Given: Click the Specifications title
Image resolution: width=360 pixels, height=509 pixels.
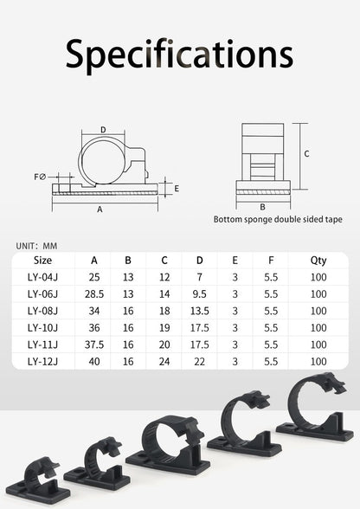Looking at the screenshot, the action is pyautogui.click(x=179, y=55).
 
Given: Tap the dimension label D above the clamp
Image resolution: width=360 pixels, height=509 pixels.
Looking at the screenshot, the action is pyautogui.click(x=103, y=130).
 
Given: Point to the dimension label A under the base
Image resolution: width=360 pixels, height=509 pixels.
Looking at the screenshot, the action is pyautogui.click(x=100, y=209).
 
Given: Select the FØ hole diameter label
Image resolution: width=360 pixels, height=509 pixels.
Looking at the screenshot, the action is pyautogui.click(x=41, y=177).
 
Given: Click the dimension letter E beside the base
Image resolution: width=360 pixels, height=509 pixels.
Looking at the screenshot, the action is pyautogui.click(x=177, y=189).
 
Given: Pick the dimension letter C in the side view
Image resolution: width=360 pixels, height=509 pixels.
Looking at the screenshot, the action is pyautogui.click(x=306, y=153).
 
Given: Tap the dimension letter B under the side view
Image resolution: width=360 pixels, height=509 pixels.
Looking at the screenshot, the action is pyautogui.click(x=262, y=207).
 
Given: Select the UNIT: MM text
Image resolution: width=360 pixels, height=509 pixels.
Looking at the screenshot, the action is pyautogui.click(x=36, y=246).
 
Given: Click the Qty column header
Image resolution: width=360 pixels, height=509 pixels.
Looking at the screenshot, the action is pyautogui.click(x=318, y=261).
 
